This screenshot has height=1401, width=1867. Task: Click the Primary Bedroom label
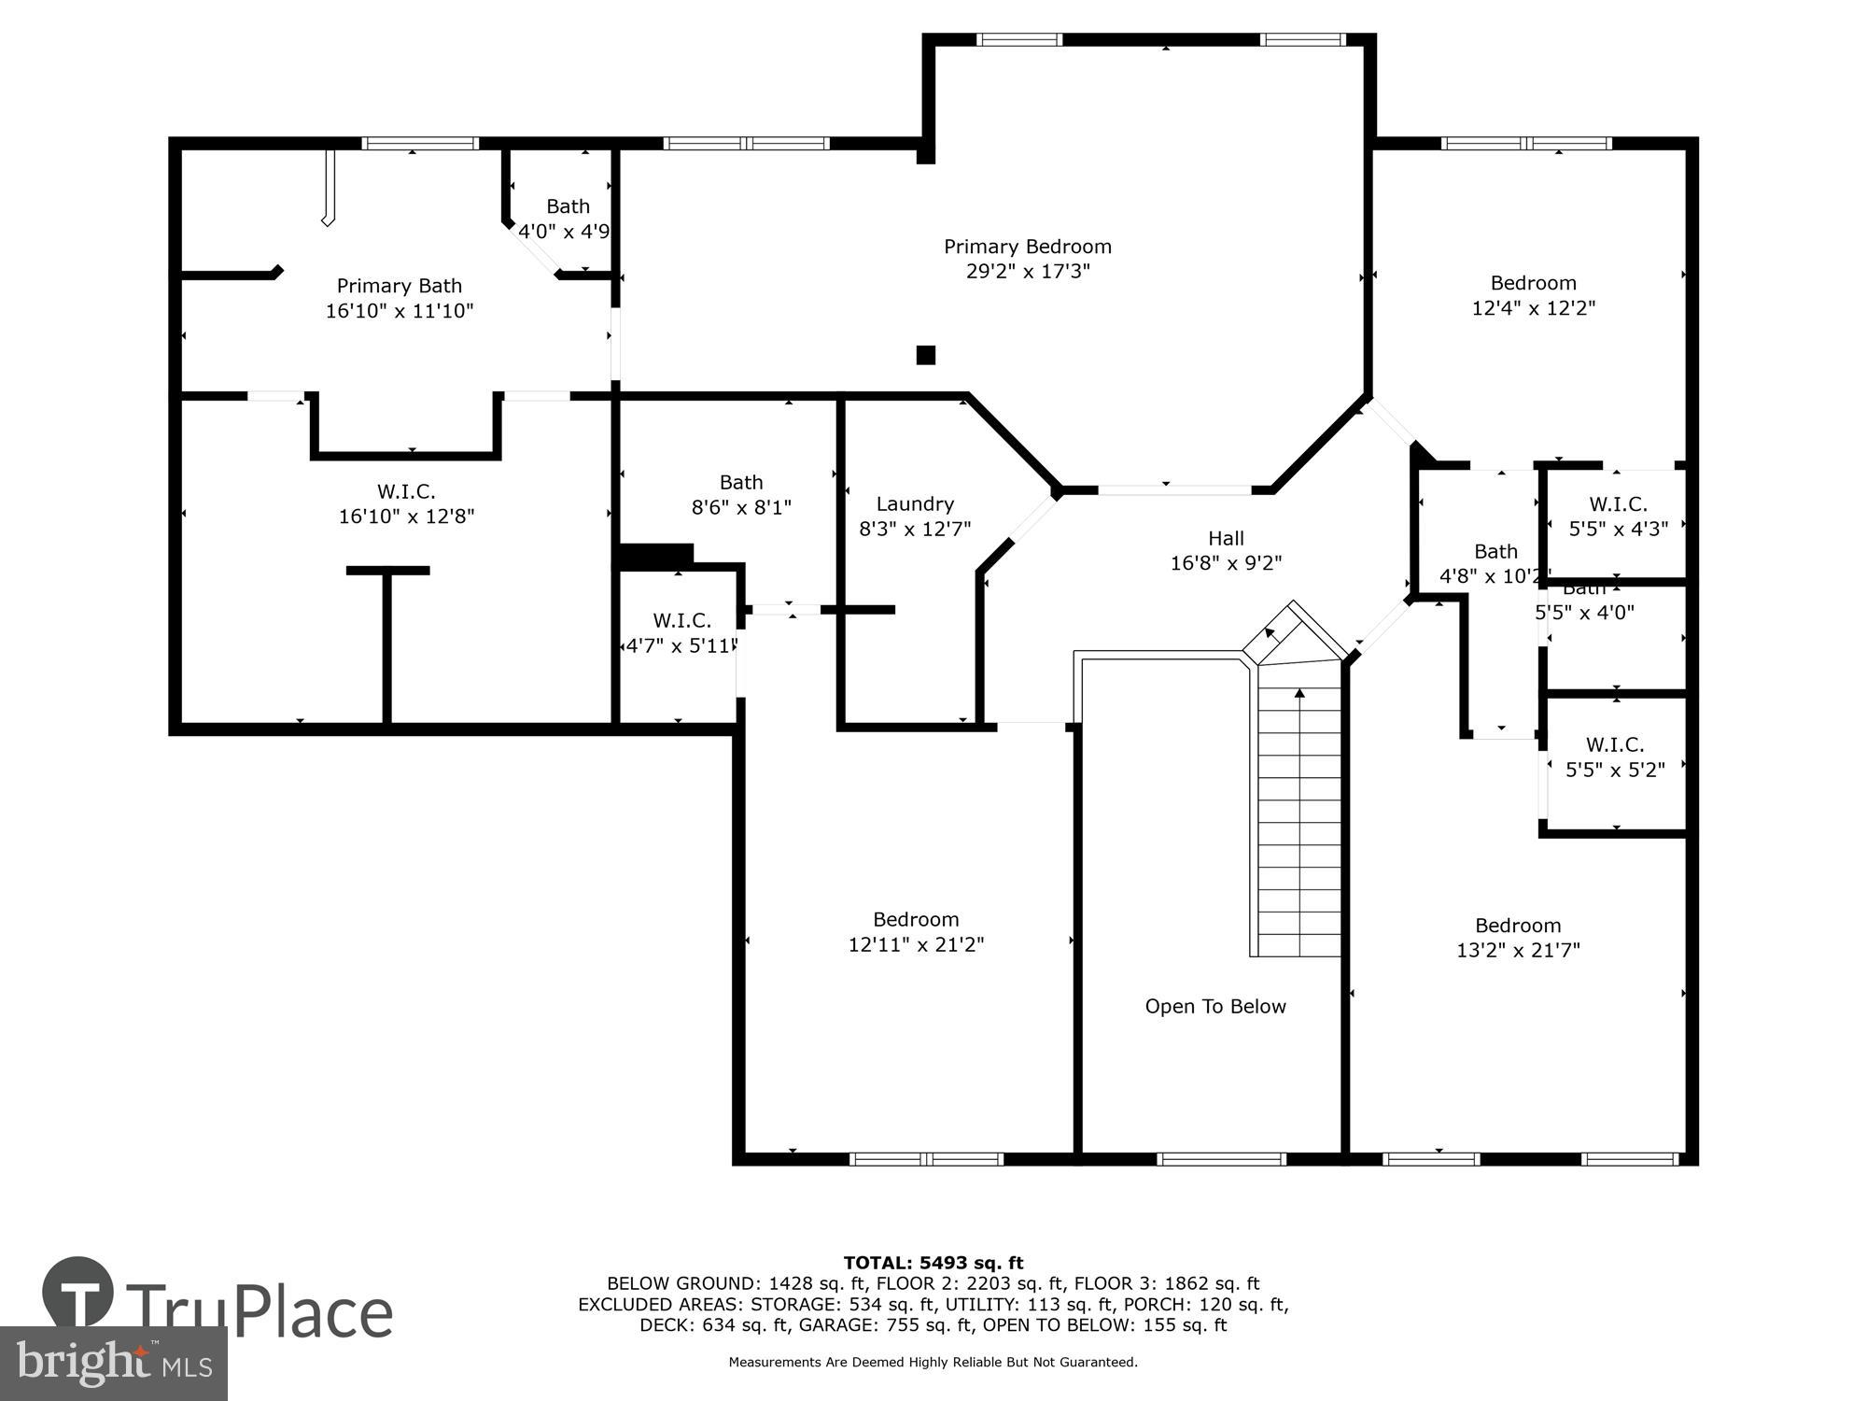(1027, 247)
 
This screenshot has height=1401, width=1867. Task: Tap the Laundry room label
(915, 504)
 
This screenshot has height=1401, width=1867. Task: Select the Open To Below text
(1215, 1006)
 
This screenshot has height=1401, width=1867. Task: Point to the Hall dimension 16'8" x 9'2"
(1226, 563)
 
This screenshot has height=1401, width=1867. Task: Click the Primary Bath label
(400, 286)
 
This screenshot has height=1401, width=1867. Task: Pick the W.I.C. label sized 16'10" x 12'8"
(406, 491)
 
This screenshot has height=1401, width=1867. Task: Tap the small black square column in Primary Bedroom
(925, 355)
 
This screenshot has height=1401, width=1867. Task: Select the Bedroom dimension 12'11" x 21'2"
(916, 944)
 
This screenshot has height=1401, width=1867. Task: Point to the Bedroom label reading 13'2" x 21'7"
(1518, 926)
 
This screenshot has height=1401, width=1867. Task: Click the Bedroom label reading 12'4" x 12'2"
(1533, 283)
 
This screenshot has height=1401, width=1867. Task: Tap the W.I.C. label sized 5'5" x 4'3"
(1618, 504)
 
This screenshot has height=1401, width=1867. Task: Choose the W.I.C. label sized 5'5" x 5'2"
(1615, 744)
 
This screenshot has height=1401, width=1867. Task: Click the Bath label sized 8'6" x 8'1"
(741, 483)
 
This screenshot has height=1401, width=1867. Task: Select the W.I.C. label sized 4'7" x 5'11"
(681, 621)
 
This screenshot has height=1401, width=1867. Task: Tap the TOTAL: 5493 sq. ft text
(933, 1263)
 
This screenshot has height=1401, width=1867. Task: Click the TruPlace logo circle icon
(77, 1294)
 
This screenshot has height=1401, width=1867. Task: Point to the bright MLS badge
(113, 1364)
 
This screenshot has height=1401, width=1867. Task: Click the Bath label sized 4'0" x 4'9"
(568, 206)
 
